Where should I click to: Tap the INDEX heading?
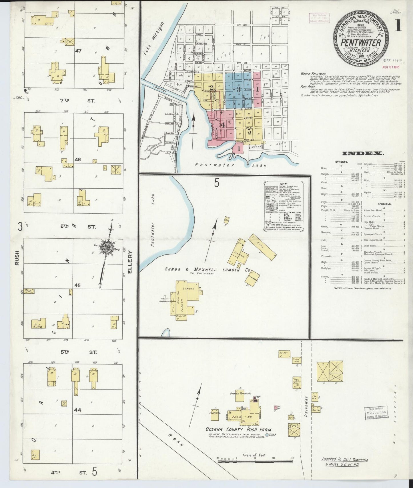[x=363, y=154]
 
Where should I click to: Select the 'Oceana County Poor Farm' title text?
[x=238, y=429]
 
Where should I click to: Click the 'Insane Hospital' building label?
[x=240, y=394]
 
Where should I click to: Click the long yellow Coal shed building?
[x=262, y=247]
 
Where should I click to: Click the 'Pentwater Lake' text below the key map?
[x=230, y=165]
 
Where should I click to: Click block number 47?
[x=78, y=51]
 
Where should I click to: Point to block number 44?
[x=77, y=410]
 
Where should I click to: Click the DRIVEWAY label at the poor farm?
[x=306, y=406]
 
